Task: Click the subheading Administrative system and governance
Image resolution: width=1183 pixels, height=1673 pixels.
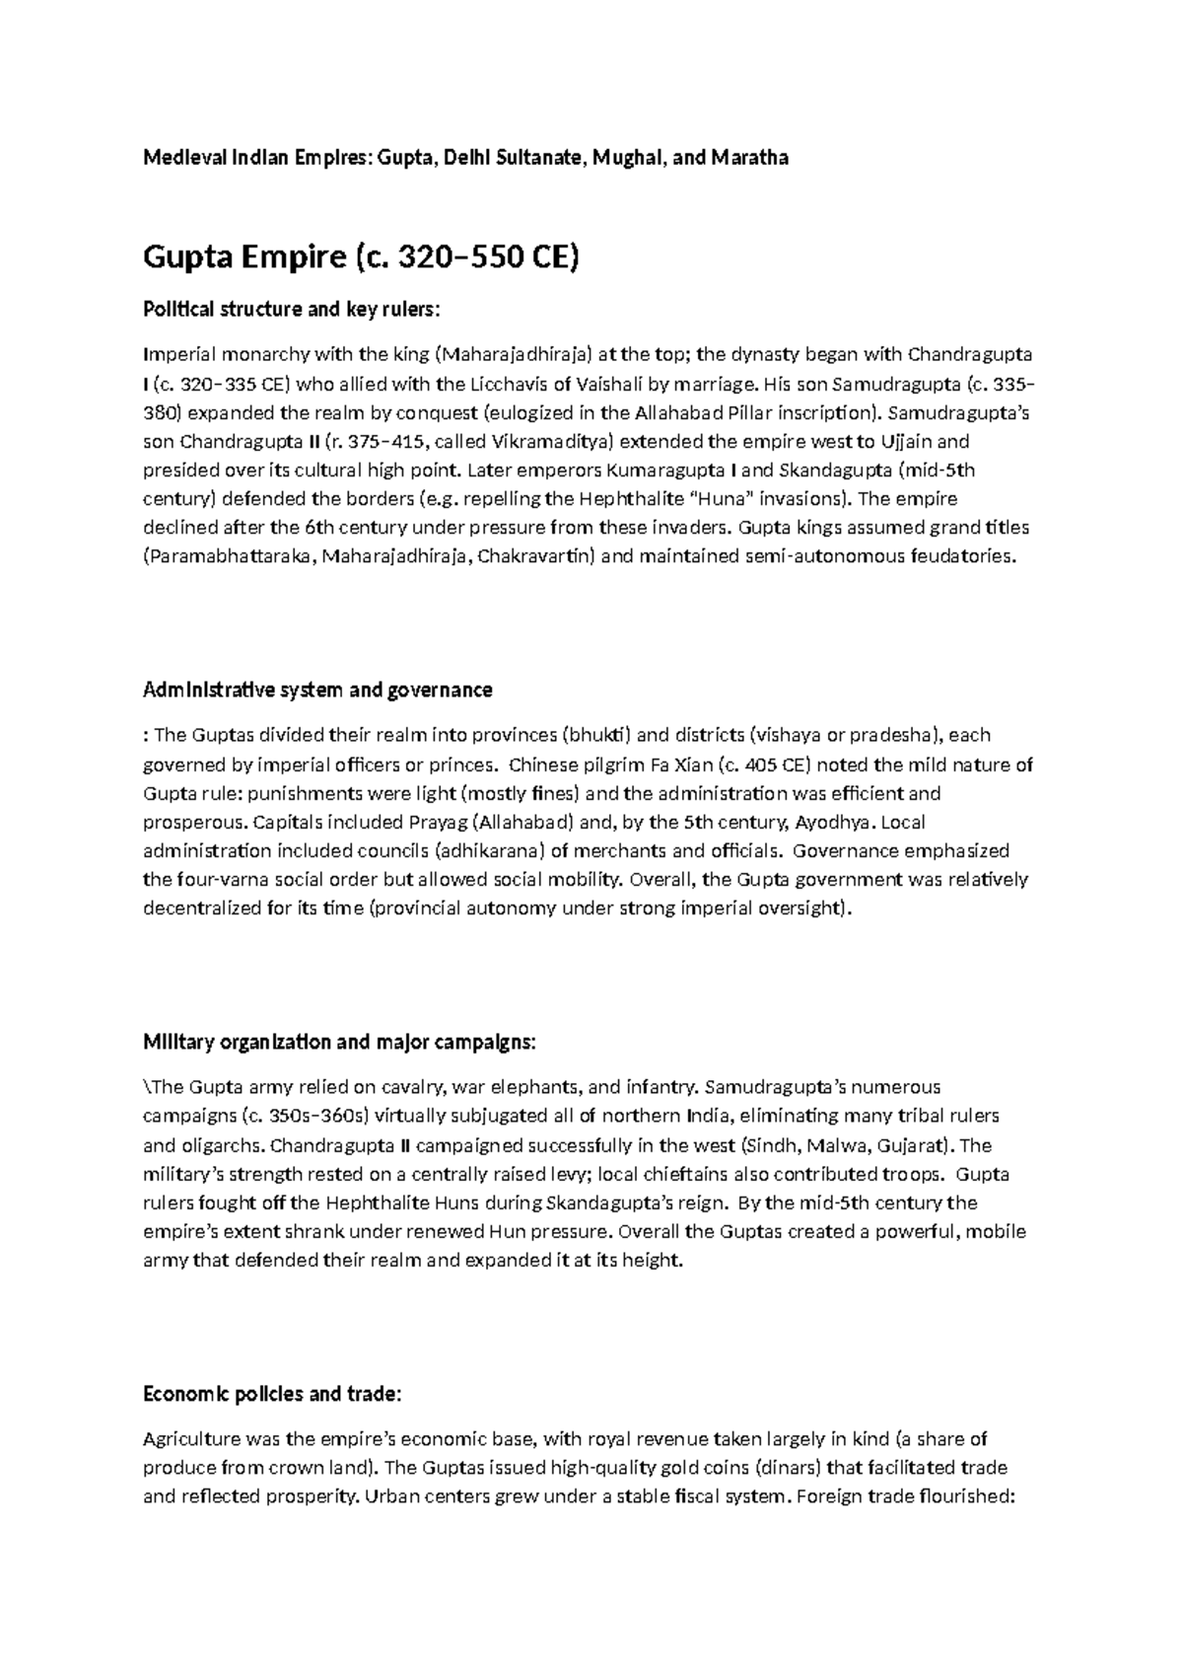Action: point(317,690)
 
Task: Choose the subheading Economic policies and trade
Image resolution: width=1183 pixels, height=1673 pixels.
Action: point(272,1394)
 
